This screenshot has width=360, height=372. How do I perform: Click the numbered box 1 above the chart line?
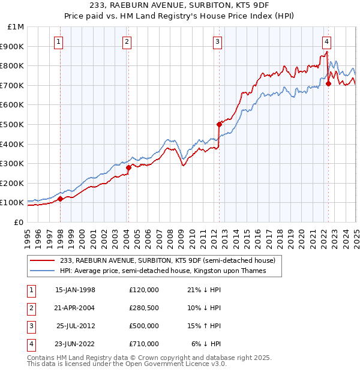click(58, 41)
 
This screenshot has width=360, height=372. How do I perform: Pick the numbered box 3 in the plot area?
click(217, 41)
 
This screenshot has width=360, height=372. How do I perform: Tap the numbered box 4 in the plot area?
click(326, 41)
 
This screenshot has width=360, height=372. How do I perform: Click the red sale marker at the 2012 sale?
click(220, 124)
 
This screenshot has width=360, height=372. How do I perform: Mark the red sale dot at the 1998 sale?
click(61, 199)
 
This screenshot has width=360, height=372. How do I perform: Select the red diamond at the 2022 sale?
click(328, 83)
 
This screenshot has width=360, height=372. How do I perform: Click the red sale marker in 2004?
click(128, 167)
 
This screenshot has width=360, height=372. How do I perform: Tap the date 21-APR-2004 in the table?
click(75, 308)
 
